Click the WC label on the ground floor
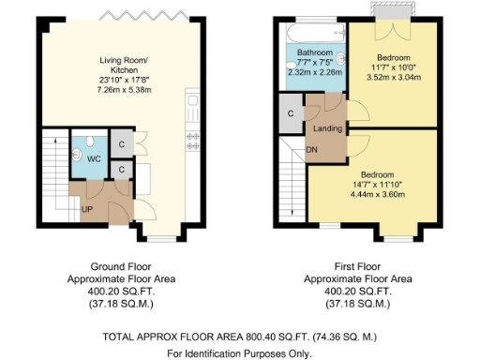[x=93, y=158]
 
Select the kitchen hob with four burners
[x=193, y=140]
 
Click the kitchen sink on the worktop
[x=192, y=100]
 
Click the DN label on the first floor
[x=312, y=149]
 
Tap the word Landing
[x=327, y=128]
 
